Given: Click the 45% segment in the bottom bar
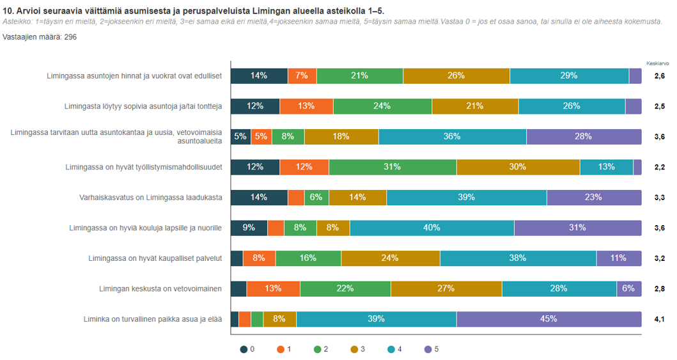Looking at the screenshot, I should pyautogui.click(x=549, y=319).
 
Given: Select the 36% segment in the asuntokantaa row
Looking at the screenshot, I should pyautogui.click(x=452, y=137).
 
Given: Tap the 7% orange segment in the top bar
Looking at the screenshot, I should pyautogui.click(x=302, y=75).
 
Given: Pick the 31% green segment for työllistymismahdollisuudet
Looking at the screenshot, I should pyautogui.click(x=392, y=167).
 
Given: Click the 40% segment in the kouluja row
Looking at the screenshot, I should pyautogui.click(x=432, y=228).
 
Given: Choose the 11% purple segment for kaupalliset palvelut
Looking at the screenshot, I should pyautogui.click(x=618, y=258).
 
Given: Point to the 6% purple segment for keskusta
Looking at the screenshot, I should pyautogui.click(x=628, y=288).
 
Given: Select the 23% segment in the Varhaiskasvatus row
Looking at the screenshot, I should pyautogui.click(x=593, y=198).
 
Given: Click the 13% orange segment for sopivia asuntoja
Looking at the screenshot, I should pyautogui.click(x=306, y=106).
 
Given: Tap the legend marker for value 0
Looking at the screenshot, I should pyautogui.click(x=244, y=349).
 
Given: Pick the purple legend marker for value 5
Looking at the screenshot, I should pyautogui.click(x=428, y=349).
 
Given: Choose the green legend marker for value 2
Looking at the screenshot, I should pyautogui.click(x=318, y=349).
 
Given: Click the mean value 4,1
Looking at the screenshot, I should pyautogui.click(x=659, y=319).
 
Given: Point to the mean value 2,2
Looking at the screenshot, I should pyautogui.click(x=659, y=168).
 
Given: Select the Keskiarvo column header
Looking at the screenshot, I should pyautogui.click(x=658, y=63).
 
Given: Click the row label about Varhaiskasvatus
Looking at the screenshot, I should pyautogui.click(x=150, y=198).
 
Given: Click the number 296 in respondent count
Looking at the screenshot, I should pyautogui.click(x=70, y=38).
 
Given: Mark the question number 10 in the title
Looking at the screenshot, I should pyautogui.click(x=8, y=11).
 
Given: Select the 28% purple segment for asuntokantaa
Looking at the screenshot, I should pyautogui.click(x=583, y=137).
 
